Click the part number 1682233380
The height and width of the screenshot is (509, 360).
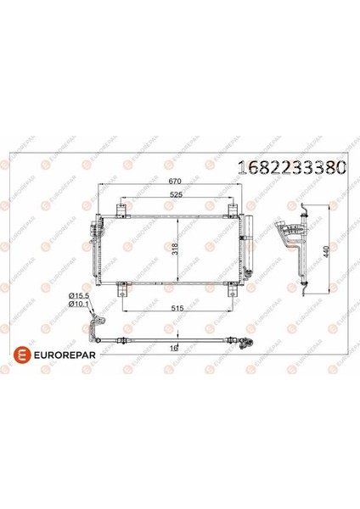coord(292,168)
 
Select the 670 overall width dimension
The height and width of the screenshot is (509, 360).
coord(174,182)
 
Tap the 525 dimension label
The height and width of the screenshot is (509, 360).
coord(177,195)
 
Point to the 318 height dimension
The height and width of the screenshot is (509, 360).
coord(176,249)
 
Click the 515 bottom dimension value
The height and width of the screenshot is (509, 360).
coord(177,308)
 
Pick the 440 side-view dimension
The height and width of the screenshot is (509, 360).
coord(327,252)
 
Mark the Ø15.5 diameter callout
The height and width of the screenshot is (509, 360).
coord(79,296)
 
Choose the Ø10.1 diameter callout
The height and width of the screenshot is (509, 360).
coord(79,304)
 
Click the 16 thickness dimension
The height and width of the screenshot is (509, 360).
coord(174,348)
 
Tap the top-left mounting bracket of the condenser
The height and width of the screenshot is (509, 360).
coord(121,210)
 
